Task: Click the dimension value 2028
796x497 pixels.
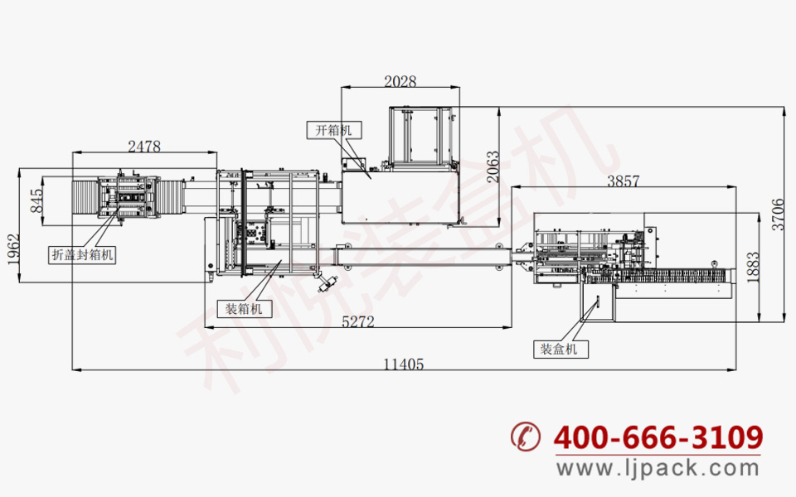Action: pyautogui.click(x=400, y=81)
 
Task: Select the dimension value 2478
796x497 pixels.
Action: pyautogui.click(x=144, y=147)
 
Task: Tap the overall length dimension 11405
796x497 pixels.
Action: pyautogui.click(x=404, y=364)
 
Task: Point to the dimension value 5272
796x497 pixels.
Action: pyautogui.click(x=358, y=321)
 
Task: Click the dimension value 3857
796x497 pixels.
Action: pyautogui.click(x=624, y=181)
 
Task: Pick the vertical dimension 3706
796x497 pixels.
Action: pyautogui.click(x=778, y=215)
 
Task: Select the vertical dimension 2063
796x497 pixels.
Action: pyautogui.click(x=493, y=166)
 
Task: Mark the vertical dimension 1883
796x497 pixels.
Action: pyautogui.click(x=753, y=267)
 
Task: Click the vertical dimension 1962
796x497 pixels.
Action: pyautogui.click(x=14, y=248)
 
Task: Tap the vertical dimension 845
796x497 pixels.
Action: pyautogui.click(x=36, y=200)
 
